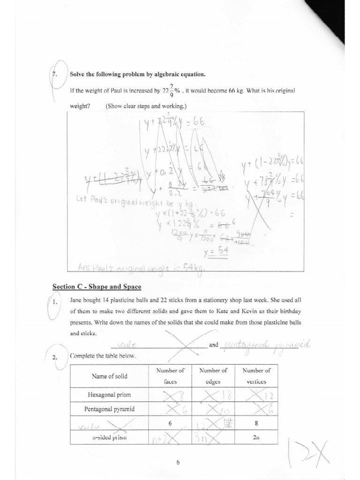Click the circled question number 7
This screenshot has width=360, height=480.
pos(53,74)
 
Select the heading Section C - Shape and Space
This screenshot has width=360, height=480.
pos(97,286)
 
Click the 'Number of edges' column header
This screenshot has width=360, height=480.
pos(213,376)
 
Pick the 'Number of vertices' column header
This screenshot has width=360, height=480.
pos(256,376)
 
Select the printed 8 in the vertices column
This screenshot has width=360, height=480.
pos(256,424)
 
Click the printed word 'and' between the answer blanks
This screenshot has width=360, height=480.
pos(214,345)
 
